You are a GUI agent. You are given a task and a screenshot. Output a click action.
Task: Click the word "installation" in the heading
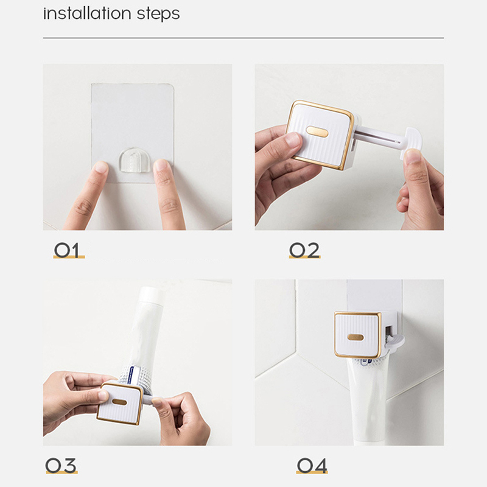pyautogui.click(x=87, y=13)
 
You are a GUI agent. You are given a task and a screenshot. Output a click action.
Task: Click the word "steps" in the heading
pyautogui.click(x=158, y=15)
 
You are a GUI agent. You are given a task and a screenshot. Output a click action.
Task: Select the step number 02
pyautogui.click(x=304, y=250)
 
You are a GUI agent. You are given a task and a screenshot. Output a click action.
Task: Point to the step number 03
pyautogui.click(x=61, y=465)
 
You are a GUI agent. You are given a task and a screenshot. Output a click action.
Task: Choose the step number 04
pyautogui.click(x=312, y=466)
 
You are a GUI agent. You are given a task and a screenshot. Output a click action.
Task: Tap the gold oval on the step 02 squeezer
pyautogui.click(x=317, y=131)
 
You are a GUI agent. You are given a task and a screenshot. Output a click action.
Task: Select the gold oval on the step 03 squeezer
pyautogui.click(x=119, y=402)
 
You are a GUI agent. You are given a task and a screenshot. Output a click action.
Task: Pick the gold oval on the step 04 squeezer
pyautogui.click(x=356, y=337)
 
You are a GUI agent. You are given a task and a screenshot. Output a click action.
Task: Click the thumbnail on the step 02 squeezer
pyautogui.click(x=293, y=139)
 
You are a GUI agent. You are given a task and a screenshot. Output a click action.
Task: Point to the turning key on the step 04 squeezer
pyautogui.click(x=394, y=342)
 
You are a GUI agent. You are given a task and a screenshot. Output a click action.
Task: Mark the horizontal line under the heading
pyautogui.click(x=243, y=38)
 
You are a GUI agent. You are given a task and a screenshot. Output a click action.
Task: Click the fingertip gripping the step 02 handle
pyautogui.click(x=413, y=156)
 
